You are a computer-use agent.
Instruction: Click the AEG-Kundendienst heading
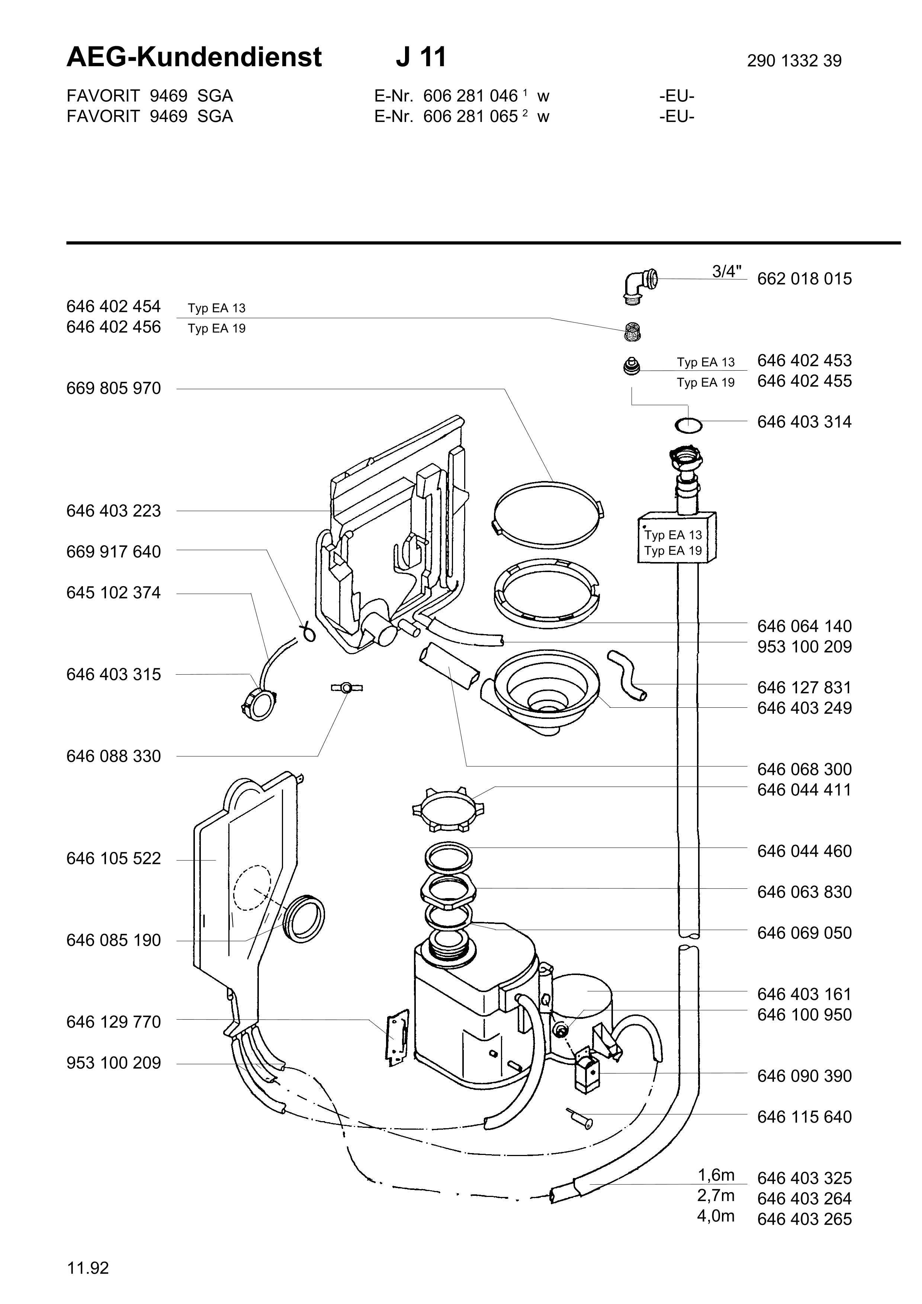click(194, 57)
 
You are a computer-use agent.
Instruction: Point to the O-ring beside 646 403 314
click(688, 424)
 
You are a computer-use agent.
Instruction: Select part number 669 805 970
click(113, 388)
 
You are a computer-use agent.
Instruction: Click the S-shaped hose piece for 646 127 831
click(628, 676)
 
